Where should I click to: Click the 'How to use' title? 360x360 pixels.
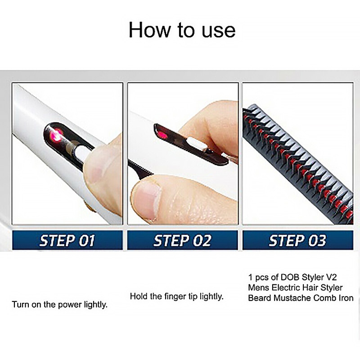tap(182, 30)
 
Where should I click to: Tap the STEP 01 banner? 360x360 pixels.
tap(67, 240)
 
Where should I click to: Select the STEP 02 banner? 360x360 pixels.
tap(182, 240)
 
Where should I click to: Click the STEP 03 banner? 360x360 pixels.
tap(297, 240)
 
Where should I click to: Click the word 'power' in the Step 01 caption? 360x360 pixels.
tap(70, 305)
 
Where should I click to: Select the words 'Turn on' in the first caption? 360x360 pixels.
tap(27, 305)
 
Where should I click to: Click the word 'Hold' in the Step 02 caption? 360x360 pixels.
tap(138, 296)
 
